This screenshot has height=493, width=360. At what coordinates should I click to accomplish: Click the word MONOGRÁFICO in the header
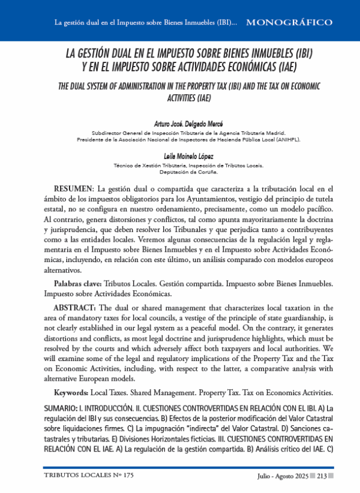pyautogui.click(x=289, y=23)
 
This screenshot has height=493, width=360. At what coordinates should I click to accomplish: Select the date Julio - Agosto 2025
pyautogui.click(x=281, y=476)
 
